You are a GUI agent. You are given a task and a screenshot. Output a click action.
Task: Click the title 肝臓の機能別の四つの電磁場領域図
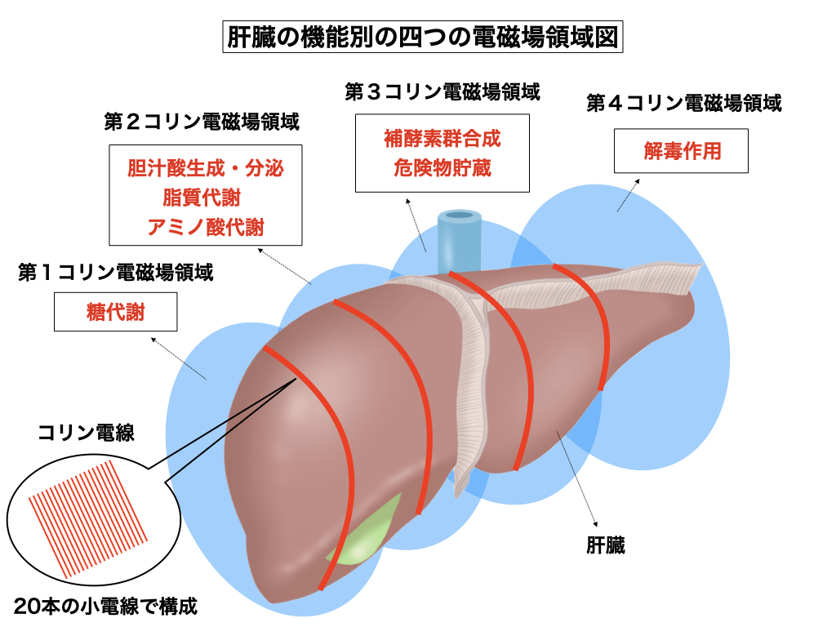(422, 38)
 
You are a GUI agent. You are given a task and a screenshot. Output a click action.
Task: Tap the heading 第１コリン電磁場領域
(116, 273)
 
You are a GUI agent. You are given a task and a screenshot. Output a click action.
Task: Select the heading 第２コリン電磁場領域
(202, 123)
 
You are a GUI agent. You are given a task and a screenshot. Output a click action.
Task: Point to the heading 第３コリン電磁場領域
(442, 91)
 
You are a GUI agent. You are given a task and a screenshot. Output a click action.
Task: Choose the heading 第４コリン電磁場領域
(684, 104)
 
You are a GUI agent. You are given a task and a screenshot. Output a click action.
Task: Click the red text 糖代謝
(115, 312)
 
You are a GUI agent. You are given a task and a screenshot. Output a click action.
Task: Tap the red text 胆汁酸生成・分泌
(206, 169)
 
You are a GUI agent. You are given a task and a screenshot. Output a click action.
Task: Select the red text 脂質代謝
(206, 198)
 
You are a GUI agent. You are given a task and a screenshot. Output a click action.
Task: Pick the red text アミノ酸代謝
(206, 226)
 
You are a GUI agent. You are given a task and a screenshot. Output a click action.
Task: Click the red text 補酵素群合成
(442, 139)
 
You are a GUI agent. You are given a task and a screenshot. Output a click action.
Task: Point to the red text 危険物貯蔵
(442, 167)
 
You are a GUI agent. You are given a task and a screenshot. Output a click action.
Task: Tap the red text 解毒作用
(682, 152)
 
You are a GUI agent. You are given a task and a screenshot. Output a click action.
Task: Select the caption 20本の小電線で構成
(106, 607)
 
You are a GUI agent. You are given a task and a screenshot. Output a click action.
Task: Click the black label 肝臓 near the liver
(605, 545)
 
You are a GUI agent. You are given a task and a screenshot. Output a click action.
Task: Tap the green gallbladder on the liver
(363, 536)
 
